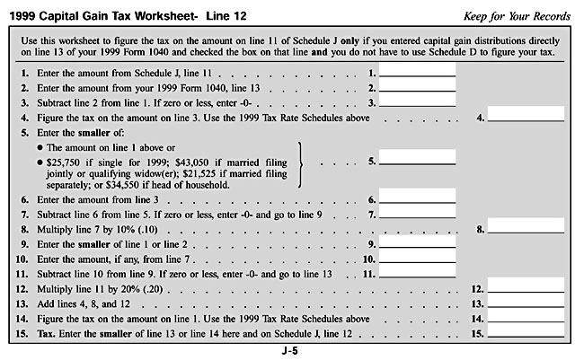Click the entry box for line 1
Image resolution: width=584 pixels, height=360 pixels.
[x=417, y=71]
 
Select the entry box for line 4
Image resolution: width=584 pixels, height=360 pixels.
[x=526, y=114]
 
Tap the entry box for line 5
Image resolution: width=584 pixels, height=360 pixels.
[x=417, y=161]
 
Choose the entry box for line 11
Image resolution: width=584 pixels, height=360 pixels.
[x=417, y=272]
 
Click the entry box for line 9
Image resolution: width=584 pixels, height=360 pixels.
[x=417, y=243]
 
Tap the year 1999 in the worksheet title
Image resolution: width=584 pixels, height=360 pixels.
[x=33, y=16]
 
